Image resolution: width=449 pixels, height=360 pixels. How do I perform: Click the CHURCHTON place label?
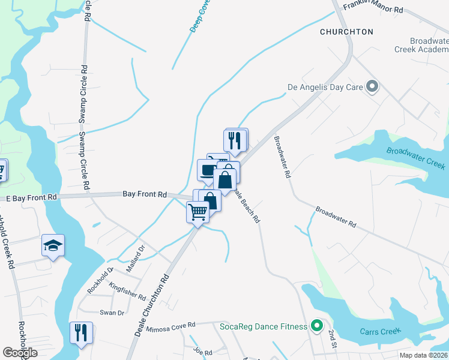(346, 31)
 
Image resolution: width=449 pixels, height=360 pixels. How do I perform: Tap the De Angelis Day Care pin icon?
(372, 87)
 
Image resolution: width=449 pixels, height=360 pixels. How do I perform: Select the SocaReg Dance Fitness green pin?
(317, 326)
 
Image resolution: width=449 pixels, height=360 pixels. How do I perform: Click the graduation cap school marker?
(53, 245)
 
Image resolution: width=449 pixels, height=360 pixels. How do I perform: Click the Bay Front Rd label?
(144, 194)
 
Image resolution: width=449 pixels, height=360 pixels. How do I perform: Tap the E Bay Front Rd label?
(31, 197)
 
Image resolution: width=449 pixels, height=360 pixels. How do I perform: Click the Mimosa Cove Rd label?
(175, 325)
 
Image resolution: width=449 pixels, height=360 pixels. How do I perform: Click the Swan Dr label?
(112, 313)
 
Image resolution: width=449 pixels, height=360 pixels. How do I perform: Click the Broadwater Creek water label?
(415, 158)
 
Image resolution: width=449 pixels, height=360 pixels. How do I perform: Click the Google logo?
(20, 353)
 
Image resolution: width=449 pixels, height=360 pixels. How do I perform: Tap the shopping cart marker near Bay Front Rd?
(197, 212)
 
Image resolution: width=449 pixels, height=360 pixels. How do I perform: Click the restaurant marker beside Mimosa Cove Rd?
(81, 332)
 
